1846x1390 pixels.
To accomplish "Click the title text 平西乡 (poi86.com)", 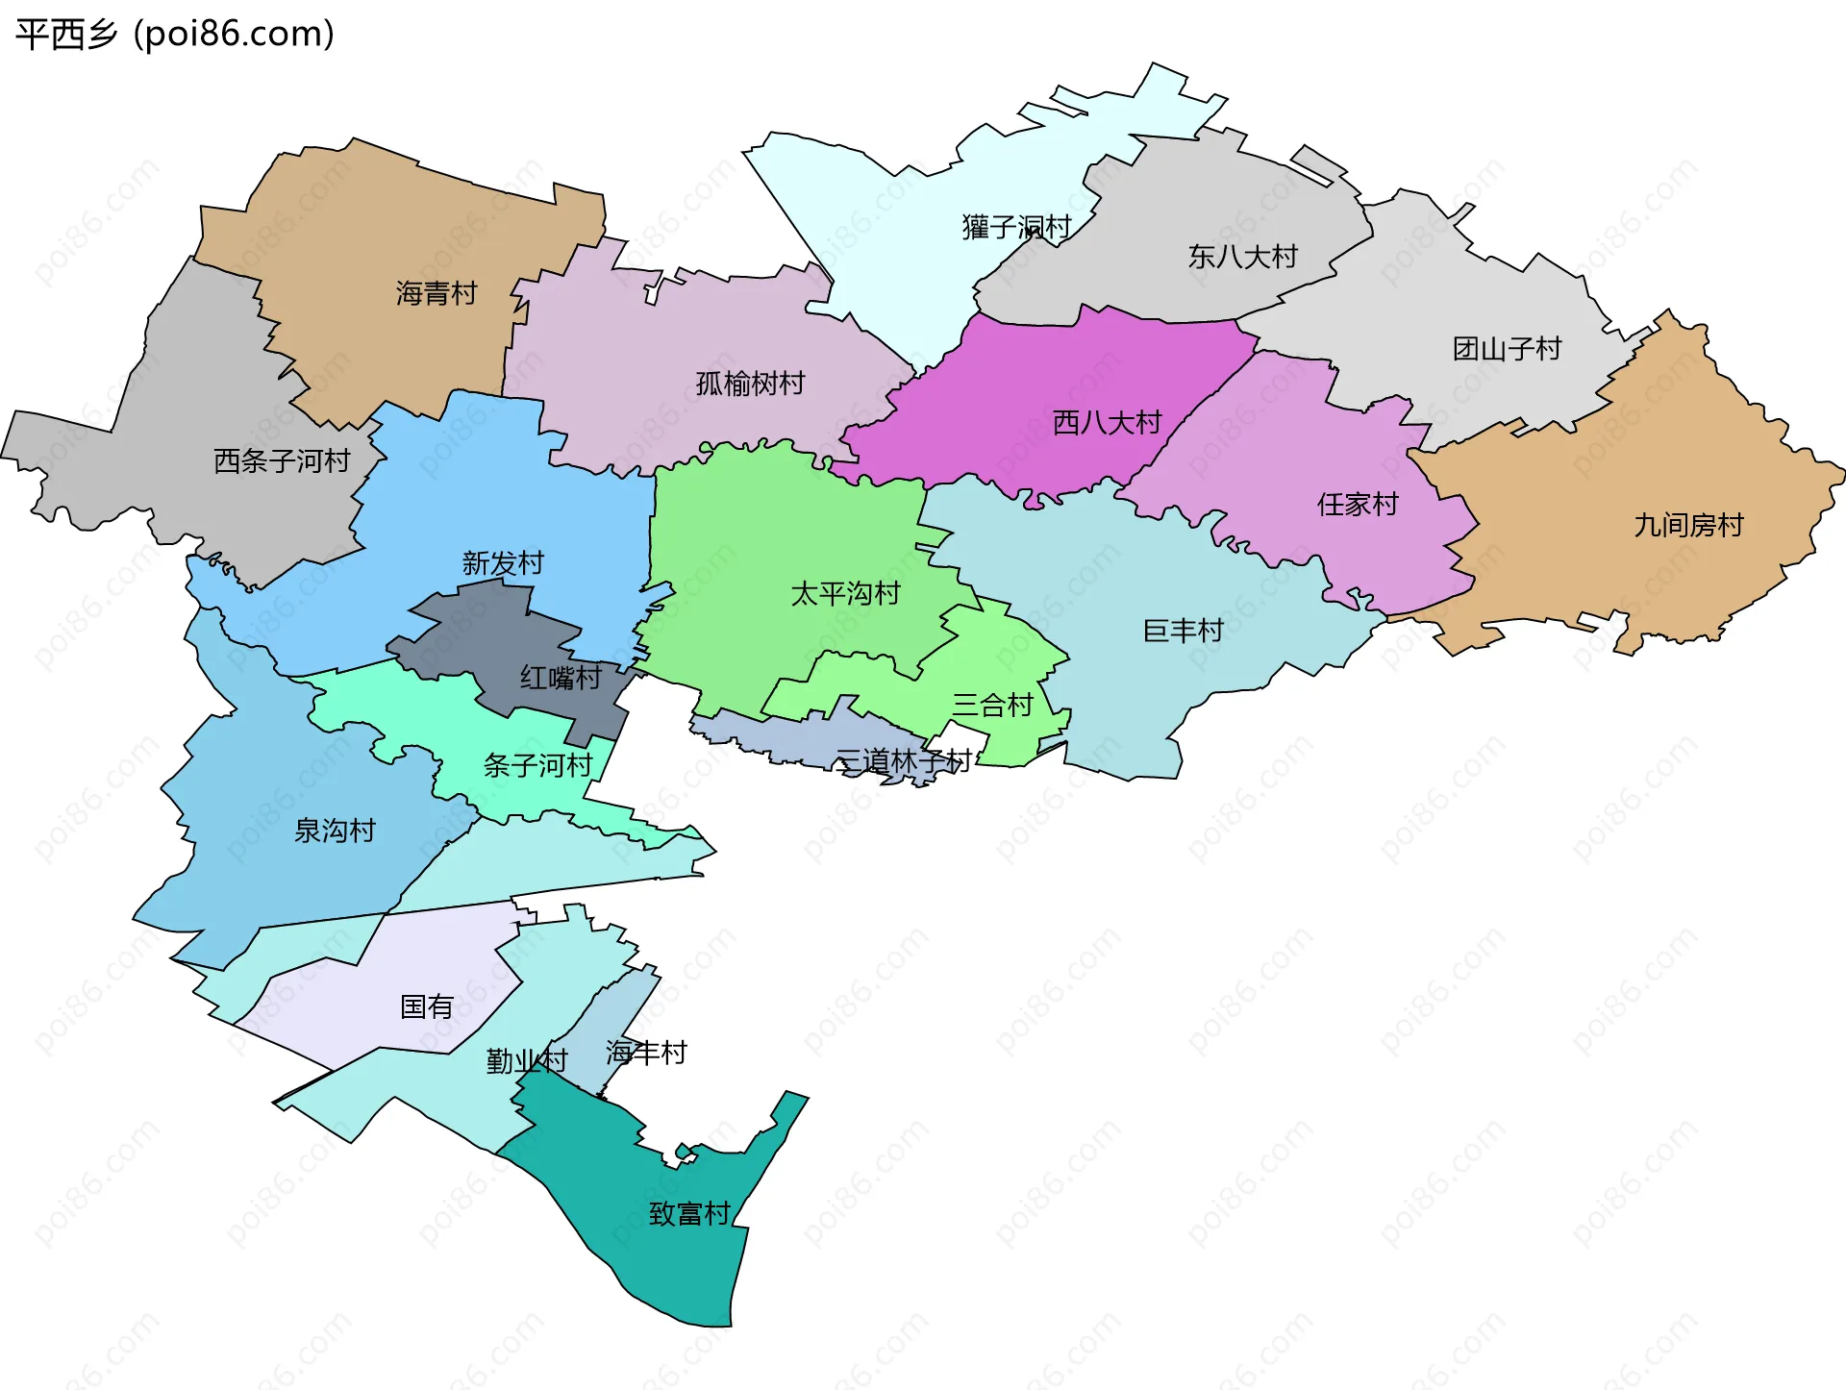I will (x=175, y=35).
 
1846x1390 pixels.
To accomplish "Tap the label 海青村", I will (x=437, y=293).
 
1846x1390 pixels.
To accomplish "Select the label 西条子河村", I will (x=282, y=461).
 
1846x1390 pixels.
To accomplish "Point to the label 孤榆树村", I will (x=750, y=384).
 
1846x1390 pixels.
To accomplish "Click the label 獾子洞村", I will (x=1016, y=227).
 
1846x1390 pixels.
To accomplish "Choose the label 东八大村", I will (x=1242, y=257).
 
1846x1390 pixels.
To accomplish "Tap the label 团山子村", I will (x=1507, y=349).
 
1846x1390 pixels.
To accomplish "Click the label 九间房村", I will (x=1688, y=525).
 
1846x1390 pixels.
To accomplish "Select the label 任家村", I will (x=1357, y=504).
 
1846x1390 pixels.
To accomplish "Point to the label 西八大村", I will (x=1107, y=422).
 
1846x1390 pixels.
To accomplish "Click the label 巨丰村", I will (x=1183, y=631).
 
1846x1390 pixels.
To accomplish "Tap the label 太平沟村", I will (x=845, y=593).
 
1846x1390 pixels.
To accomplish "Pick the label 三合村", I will (x=992, y=705).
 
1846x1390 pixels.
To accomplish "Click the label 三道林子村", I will (x=903, y=761).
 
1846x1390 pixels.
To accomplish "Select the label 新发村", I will (x=503, y=562).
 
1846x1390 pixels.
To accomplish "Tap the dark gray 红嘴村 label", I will (x=561, y=678).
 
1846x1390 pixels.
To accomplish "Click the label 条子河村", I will (x=537, y=765).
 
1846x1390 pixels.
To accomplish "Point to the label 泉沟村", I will (x=335, y=831).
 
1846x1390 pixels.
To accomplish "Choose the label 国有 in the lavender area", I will (x=426, y=1006).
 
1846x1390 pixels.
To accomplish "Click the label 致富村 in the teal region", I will (x=689, y=1213).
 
